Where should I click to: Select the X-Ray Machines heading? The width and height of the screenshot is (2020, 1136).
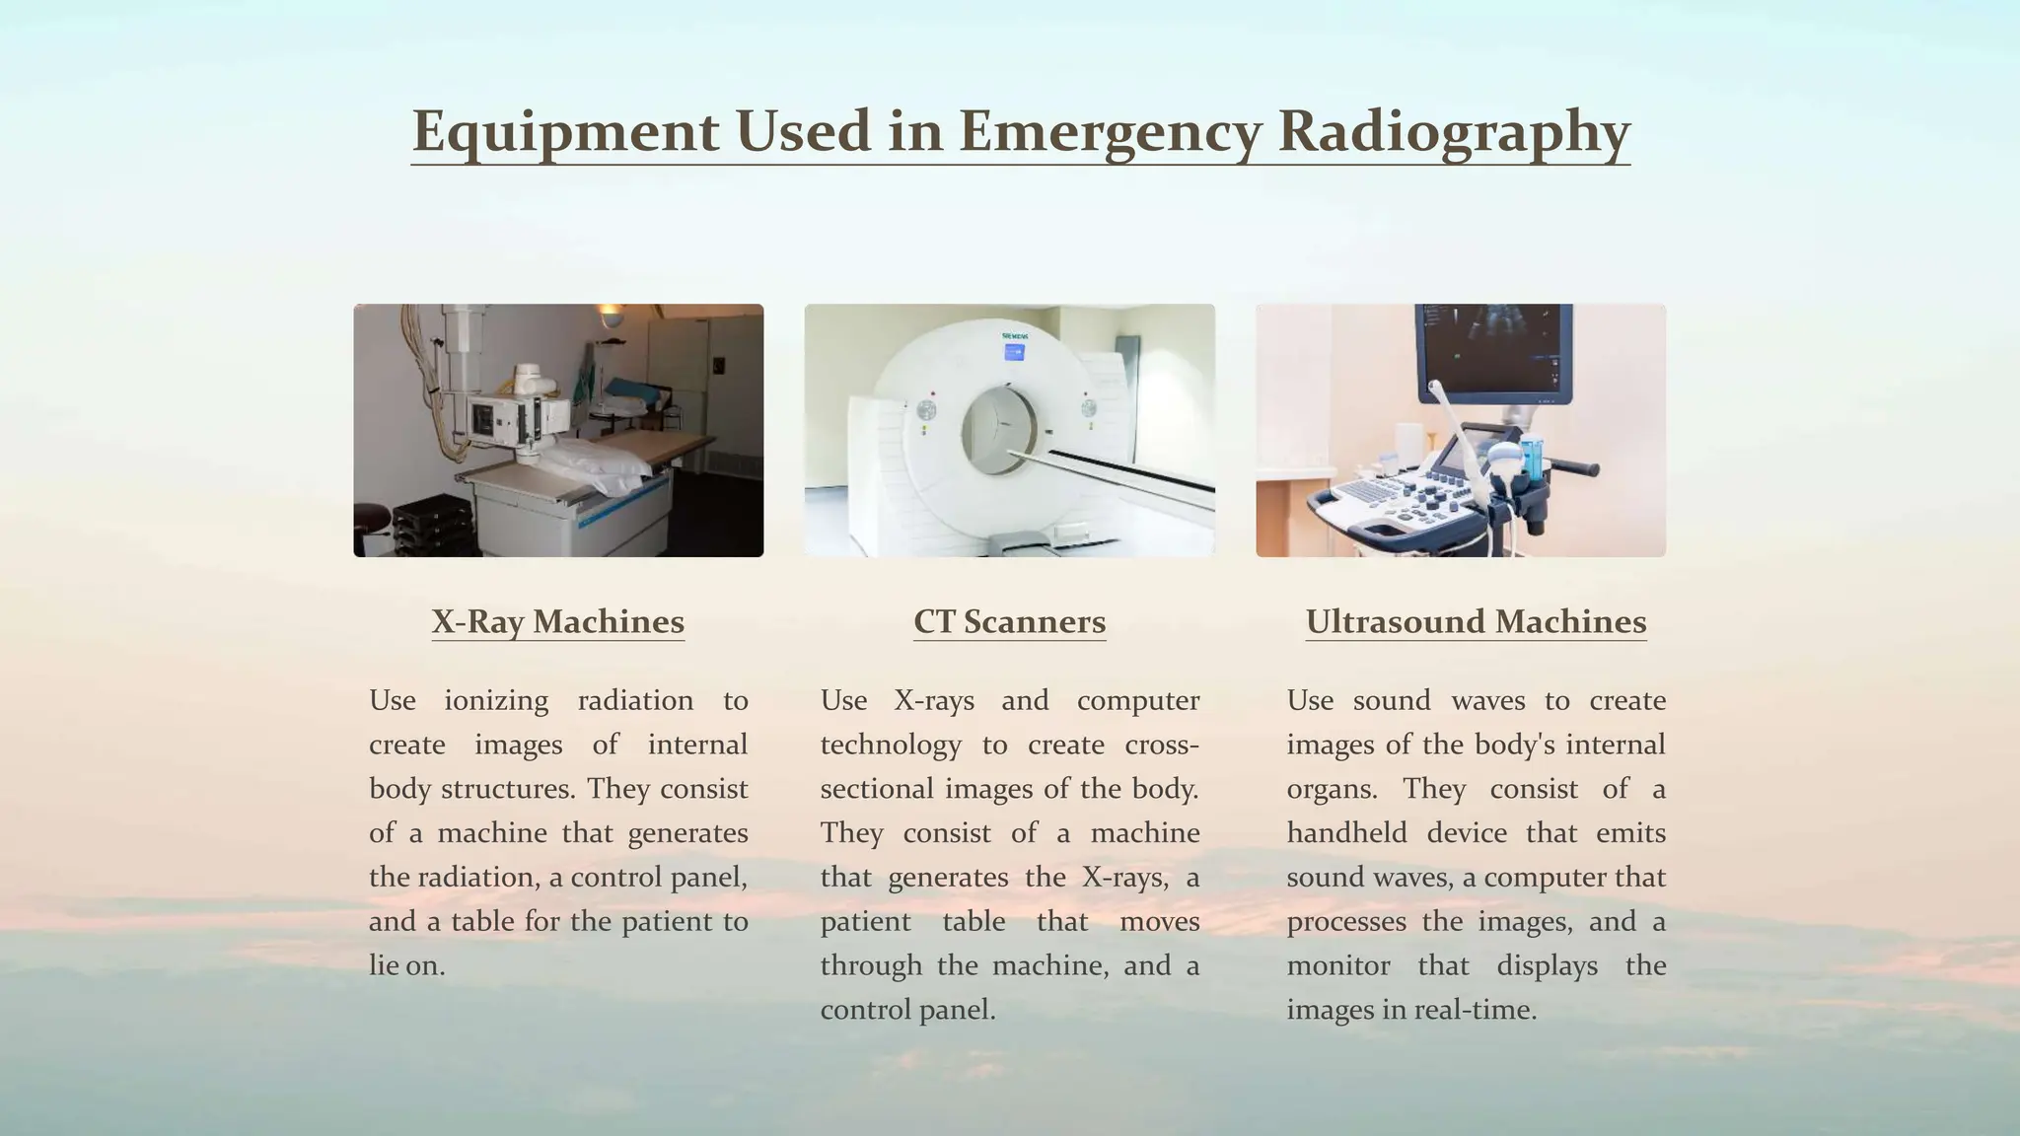tap(557, 622)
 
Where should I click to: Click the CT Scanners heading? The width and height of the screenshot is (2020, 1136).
tap(1009, 622)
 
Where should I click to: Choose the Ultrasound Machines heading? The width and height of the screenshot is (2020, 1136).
tap(1476, 622)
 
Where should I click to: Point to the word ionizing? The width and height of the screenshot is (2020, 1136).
tap(496, 701)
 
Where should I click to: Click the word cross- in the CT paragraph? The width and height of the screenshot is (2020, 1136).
tap(1162, 745)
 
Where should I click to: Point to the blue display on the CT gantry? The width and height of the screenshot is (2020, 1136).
tap(1013, 352)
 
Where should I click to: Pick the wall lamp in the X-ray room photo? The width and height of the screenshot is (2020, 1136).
tap(612, 316)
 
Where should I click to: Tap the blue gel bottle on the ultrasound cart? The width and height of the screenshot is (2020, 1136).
tap(1530, 456)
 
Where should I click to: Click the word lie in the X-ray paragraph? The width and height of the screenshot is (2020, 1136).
tap(384, 965)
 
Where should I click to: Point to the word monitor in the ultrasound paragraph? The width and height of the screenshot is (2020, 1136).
tap(1337, 965)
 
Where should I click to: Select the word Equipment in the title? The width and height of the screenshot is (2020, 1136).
tap(565, 131)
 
